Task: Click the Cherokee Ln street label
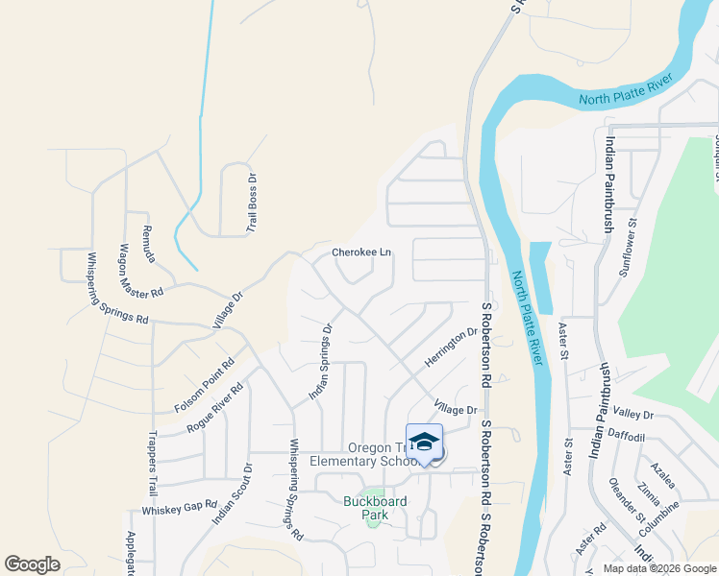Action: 361,252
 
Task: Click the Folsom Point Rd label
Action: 205,386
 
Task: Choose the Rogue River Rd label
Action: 216,408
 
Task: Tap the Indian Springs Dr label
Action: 320,362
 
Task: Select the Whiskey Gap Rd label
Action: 180,507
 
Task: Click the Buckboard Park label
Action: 375,508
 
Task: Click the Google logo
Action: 32,564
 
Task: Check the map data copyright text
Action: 659,568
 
